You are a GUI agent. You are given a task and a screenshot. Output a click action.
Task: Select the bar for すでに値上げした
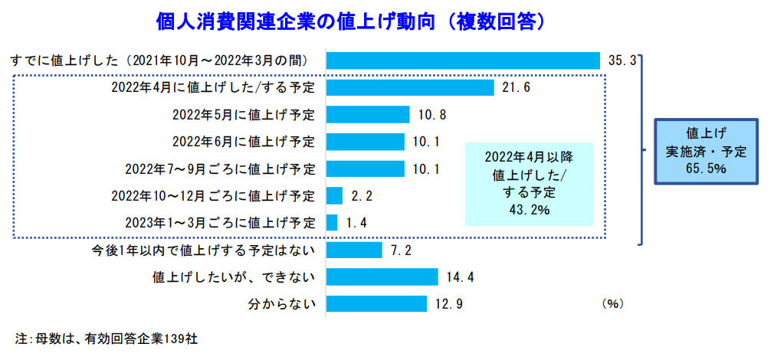pyautogui.click(x=463, y=61)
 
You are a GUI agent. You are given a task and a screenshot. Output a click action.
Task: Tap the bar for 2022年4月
pyautogui.click(x=410, y=87)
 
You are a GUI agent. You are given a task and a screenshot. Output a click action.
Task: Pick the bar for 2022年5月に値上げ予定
pyautogui.click(x=368, y=115)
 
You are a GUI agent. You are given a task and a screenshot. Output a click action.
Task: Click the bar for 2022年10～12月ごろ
pyautogui.click(x=335, y=196)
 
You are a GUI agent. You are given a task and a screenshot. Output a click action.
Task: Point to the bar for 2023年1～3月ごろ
pyautogui.click(x=332, y=223)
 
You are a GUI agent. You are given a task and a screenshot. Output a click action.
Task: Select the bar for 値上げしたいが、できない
pyautogui.click(x=382, y=277)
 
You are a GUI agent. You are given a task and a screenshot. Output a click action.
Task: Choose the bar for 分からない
pyautogui.click(x=376, y=304)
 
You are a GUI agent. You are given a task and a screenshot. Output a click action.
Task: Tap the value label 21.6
pyautogui.click(x=517, y=88)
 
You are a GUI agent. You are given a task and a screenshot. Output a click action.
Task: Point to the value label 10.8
pyautogui.click(x=432, y=115)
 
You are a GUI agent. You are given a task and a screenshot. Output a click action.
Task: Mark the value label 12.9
pyautogui.click(x=449, y=304)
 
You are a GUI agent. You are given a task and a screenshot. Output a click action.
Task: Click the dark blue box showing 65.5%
pyautogui.click(x=705, y=152)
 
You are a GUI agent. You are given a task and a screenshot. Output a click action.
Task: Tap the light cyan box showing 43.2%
pyautogui.click(x=528, y=183)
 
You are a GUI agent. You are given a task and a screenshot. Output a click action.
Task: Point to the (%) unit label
pyautogui.click(x=612, y=304)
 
